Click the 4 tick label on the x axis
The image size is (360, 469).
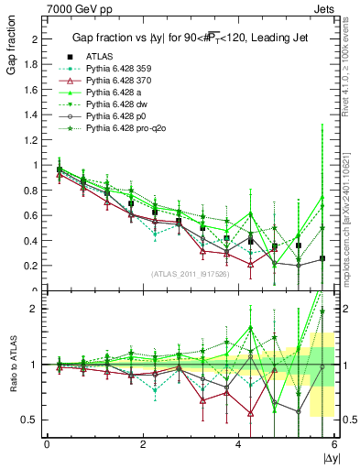pyautogui.click(x=238, y=444)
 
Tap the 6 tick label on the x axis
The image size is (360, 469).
pyautogui.click(x=334, y=444)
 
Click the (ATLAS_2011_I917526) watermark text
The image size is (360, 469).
pyautogui.click(x=191, y=274)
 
